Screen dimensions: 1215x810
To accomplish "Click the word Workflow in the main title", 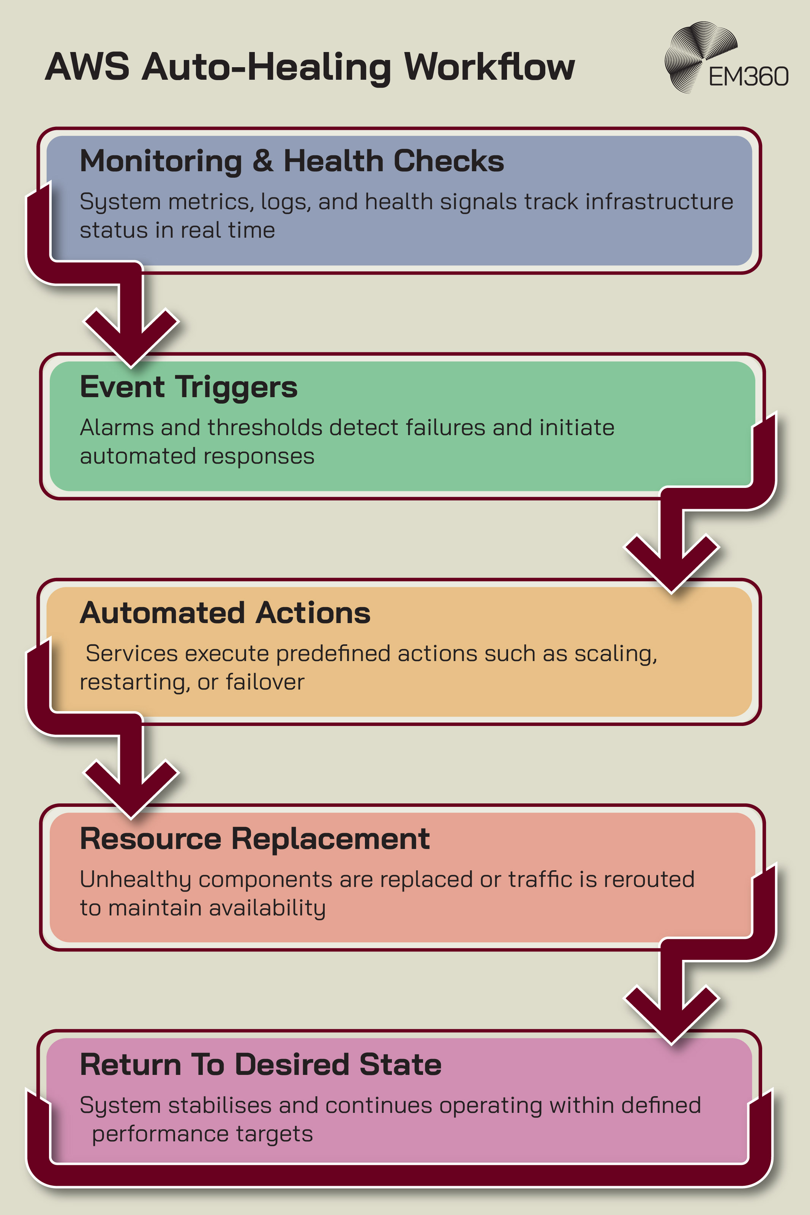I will point(489,67).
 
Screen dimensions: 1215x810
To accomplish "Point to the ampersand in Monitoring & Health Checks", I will point(262,161).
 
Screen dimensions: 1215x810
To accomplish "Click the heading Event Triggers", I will point(189,387).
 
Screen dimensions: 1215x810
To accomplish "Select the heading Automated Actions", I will point(225,613).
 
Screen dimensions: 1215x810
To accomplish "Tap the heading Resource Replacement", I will point(254,839).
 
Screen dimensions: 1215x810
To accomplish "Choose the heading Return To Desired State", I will point(261,1065).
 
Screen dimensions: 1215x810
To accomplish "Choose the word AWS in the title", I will point(87,67).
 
